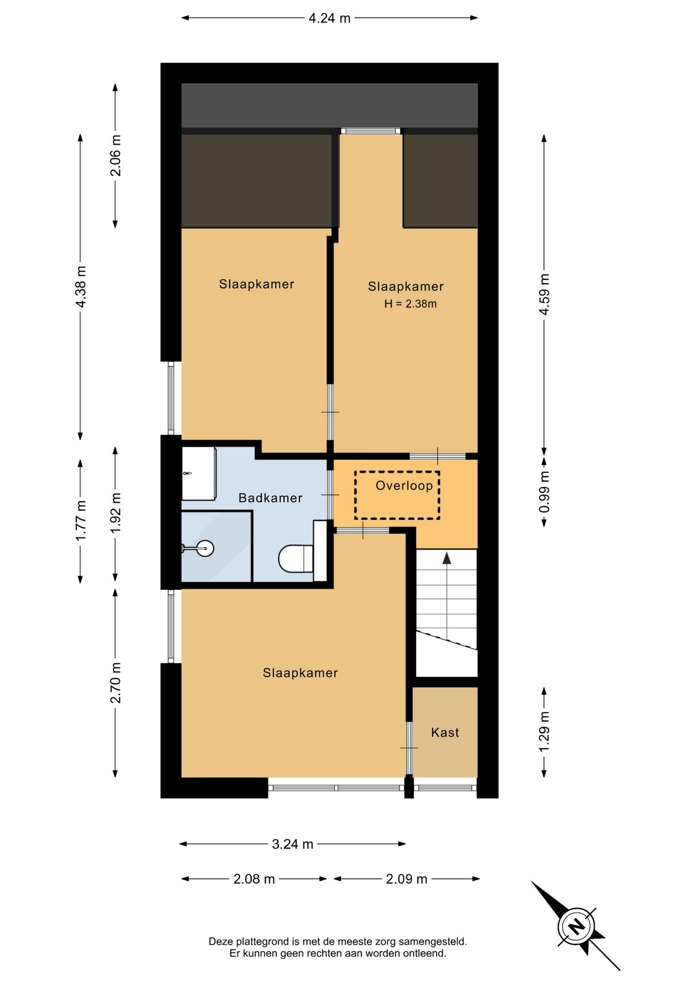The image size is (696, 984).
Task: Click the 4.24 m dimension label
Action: [330, 18]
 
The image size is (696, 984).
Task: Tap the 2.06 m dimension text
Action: [116, 155]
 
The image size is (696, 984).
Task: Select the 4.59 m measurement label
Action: [544, 294]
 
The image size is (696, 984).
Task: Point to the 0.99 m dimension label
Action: [544, 492]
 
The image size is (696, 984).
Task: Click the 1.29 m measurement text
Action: [544, 732]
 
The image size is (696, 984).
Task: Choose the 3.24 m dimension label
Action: [292, 844]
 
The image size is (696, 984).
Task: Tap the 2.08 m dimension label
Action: [254, 879]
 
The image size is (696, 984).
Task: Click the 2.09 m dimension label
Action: [406, 879]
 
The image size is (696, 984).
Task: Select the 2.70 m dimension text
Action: [116, 683]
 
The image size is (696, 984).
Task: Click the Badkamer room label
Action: [271, 498]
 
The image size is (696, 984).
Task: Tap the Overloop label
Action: [404, 486]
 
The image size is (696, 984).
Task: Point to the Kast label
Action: [445, 732]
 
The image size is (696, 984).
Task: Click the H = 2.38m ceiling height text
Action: [411, 304]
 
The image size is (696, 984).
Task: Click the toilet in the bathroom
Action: [296, 559]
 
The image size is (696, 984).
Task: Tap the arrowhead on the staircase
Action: [447, 558]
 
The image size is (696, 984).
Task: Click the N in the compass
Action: [577, 927]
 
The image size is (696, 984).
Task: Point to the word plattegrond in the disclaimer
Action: [263, 942]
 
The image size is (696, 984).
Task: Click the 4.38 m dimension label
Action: [81, 287]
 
